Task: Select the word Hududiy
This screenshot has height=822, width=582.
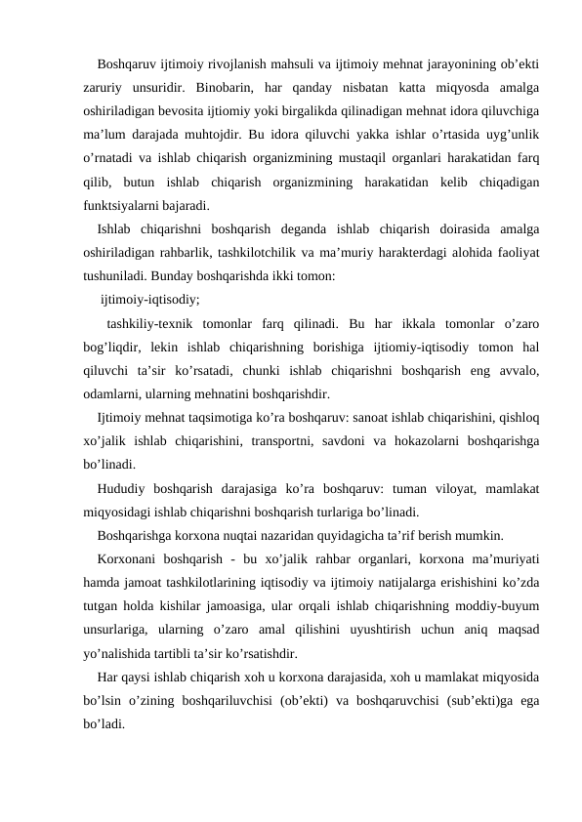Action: tap(122, 487)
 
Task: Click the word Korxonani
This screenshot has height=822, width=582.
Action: tap(129, 557)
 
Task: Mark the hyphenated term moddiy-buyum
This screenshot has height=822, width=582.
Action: tap(502, 605)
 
